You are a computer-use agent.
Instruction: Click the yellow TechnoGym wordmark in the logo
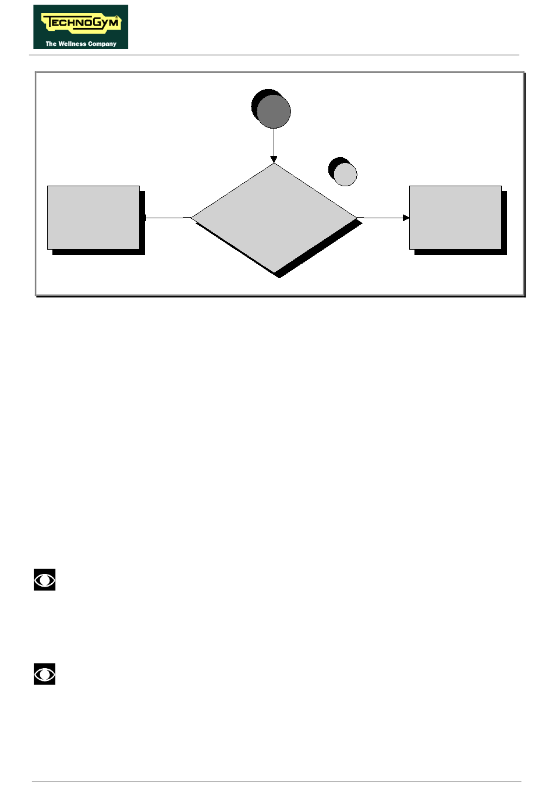tap(80, 24)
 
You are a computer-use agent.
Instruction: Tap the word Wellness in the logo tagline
tap(72, 44)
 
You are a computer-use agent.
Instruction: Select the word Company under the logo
tap(102, 44)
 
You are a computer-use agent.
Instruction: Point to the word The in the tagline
tap(51, 44)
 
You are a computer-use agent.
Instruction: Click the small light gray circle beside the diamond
tap(345, 174)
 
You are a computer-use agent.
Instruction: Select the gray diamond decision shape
tap(274, 218)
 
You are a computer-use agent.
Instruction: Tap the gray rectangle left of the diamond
tap(93, 218)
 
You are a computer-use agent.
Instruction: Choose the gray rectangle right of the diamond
tap(455, 218)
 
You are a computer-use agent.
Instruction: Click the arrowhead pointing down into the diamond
tap(274, 159)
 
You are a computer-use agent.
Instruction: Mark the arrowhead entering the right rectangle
tap(406, 218)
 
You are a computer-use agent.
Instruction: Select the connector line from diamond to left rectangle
tap(168, 218)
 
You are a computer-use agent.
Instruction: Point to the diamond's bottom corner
tap(274, 272)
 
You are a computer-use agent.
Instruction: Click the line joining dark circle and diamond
tap(274, 142)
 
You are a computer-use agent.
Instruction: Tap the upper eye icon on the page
tap(44, 580)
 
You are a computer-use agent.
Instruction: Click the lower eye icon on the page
tap(44, 675)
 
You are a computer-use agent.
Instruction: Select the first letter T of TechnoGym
tap(47, 23)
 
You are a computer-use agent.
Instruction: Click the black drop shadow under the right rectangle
tap(460, 252)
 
